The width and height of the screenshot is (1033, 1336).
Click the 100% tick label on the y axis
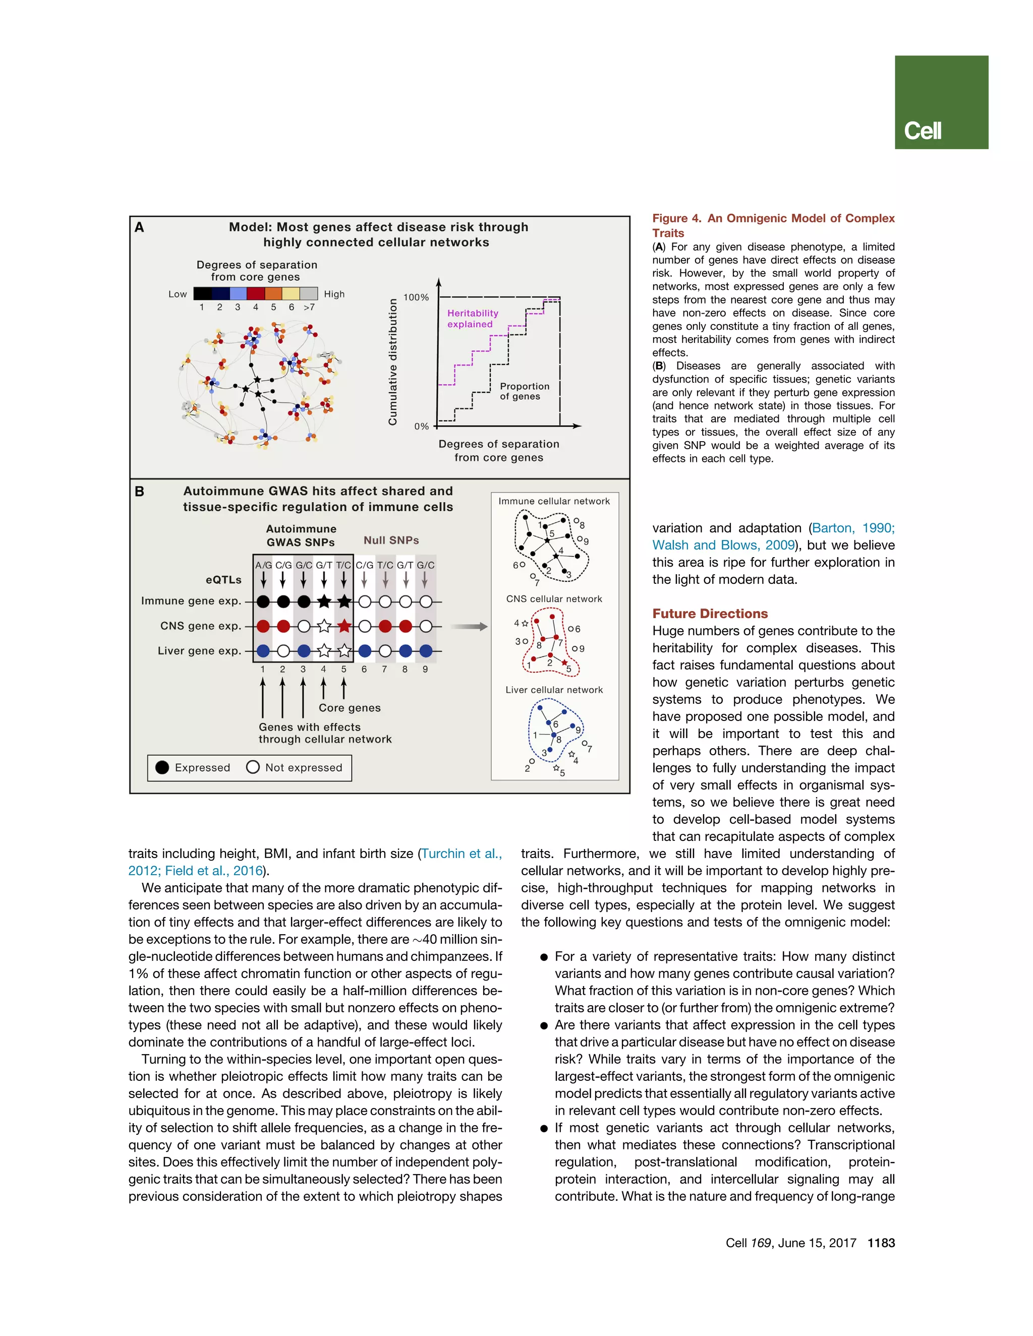[416, 297]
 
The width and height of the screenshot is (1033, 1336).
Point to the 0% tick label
[421, 427]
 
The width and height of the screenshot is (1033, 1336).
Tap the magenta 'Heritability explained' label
[473, 319]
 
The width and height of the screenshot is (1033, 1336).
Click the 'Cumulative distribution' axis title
[393, 361]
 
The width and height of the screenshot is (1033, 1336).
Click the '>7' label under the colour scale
[310, 307]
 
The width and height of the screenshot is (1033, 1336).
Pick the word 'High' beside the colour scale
[334, 294]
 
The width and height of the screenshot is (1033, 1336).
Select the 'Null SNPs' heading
[391, 540]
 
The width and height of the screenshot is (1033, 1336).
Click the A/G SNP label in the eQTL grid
[263, 565]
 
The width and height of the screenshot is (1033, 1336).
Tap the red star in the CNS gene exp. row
[344, 626]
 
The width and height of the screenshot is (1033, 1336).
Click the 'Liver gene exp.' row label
[200, 651]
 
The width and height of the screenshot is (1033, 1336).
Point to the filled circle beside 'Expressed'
[162, 768]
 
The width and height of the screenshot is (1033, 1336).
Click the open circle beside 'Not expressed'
[253, 767]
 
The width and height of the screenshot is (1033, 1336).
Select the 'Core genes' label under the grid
[350, 708]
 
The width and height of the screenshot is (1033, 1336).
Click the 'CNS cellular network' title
[554, 599]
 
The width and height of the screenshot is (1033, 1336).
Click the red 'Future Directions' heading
[710, 614]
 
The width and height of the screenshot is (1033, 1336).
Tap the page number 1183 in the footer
[881, 1243]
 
